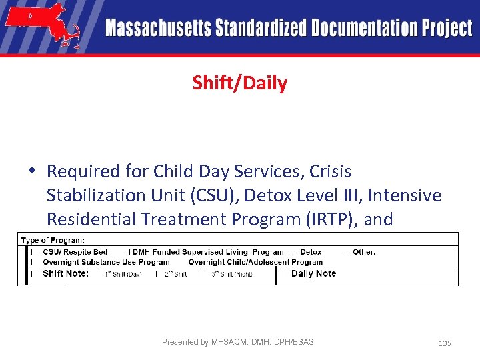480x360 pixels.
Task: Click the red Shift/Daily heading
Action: tap(239, 83)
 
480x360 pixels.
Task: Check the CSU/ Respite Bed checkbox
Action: tap(34, 252)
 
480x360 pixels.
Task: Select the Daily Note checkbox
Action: tap(284, 274)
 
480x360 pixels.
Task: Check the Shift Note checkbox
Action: tap(34, 274)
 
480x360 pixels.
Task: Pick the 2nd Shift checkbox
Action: tap(159, 274)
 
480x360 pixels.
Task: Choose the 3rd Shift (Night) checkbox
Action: tap(204, 274)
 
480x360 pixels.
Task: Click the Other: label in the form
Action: tap(364, 252)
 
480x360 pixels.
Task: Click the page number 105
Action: tap(445, 343)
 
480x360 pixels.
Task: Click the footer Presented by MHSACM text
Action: tap(237, 342)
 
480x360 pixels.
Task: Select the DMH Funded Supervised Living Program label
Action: tap(208, 252)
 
